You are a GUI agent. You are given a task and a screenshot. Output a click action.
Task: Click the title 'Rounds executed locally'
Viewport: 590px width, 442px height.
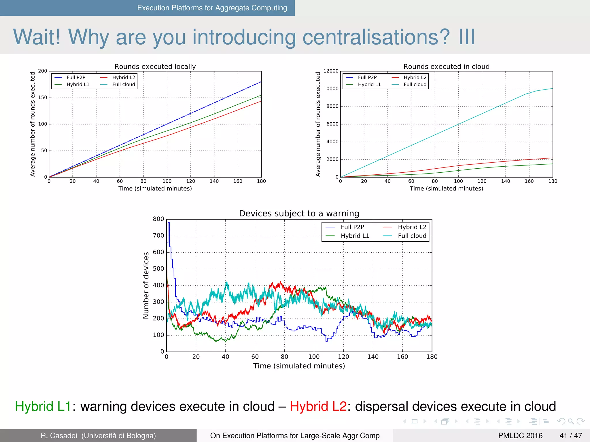(155, 66)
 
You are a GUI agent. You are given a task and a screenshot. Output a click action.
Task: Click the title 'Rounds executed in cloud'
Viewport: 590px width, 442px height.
(446, 66)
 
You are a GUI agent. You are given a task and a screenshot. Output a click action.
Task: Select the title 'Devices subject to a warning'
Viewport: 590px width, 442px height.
(299, 214)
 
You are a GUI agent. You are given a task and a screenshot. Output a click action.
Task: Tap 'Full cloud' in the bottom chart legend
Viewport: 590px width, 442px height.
(412, 236)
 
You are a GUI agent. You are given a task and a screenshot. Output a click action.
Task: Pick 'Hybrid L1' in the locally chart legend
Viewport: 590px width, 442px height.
(78, 85)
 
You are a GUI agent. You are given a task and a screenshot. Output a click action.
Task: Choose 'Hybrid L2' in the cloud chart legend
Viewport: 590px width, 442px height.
(415, 77)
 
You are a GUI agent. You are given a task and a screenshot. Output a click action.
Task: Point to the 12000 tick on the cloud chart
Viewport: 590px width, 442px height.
(331, 71)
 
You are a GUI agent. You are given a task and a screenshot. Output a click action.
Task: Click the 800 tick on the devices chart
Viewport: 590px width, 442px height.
(158, 219)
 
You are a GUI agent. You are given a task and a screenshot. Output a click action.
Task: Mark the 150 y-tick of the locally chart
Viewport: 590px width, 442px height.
(42, 98)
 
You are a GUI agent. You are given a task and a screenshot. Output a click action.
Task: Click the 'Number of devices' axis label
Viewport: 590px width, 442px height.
(146, 285)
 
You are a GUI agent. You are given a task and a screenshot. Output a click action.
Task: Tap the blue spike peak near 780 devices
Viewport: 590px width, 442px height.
(169, 223)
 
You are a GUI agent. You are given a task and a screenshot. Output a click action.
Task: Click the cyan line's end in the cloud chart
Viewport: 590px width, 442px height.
(552, 89)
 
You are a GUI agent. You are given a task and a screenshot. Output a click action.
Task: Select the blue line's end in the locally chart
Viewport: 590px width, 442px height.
(261, 82)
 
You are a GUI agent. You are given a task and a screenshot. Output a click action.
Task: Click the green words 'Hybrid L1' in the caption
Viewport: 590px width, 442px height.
(43, 407)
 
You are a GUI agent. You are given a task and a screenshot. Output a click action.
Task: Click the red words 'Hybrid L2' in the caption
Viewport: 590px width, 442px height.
(318, 407)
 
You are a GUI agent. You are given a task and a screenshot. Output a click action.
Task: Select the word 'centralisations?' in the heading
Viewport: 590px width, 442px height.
(376, 37)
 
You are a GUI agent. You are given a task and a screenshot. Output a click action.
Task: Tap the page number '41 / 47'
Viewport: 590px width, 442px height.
(571, 436)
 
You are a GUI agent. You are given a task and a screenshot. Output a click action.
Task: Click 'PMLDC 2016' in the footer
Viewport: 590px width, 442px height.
(520, 436)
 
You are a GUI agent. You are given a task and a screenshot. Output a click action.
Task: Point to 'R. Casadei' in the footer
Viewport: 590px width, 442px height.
(59, 436)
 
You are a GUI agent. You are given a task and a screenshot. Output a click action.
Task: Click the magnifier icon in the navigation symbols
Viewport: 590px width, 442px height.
(571, 422)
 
